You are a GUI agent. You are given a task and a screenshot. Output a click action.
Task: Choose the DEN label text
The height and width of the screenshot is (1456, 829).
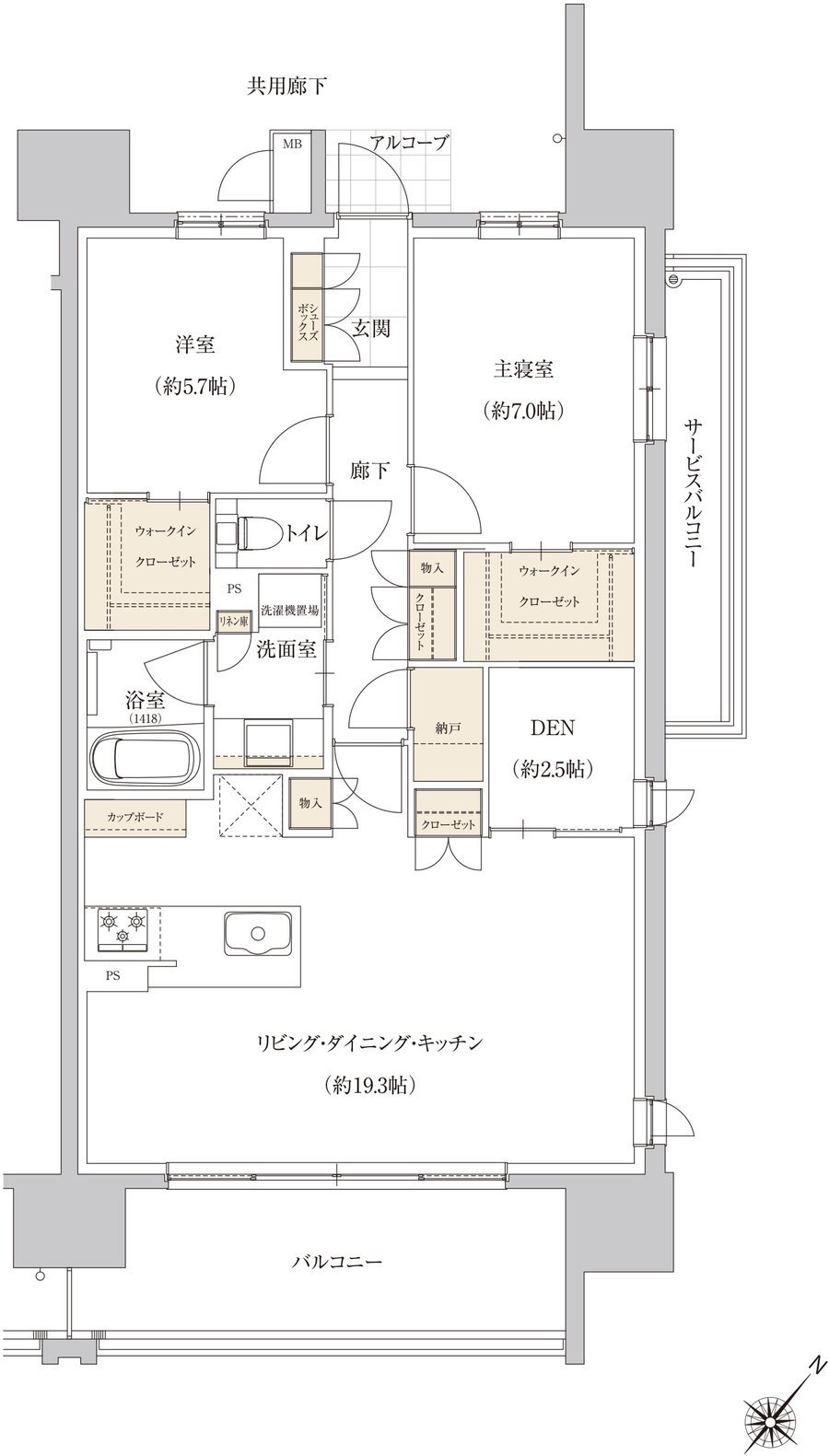click(x=553, y=728)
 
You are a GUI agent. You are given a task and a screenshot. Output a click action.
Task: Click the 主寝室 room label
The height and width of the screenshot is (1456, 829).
click(x=523, y=369)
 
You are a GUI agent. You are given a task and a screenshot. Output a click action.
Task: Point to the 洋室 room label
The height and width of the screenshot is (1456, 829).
click(x=195, y=344)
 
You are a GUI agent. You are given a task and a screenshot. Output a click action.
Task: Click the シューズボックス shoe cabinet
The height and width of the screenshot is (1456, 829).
click(x=307, y=306)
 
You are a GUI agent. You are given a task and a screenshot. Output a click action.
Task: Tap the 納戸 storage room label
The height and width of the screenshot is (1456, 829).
click(x=448, y=728)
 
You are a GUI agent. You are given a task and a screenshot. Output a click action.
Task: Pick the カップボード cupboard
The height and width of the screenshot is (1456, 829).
click(x=136, y=817)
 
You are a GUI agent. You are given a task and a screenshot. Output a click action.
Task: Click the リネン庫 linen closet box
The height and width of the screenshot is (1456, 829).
click(x=233, y=621)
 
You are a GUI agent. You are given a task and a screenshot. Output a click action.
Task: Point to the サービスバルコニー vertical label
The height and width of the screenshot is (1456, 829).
click(x=690, y=494)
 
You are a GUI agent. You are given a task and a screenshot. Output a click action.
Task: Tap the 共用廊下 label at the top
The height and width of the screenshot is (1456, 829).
click(x=286, y=87)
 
